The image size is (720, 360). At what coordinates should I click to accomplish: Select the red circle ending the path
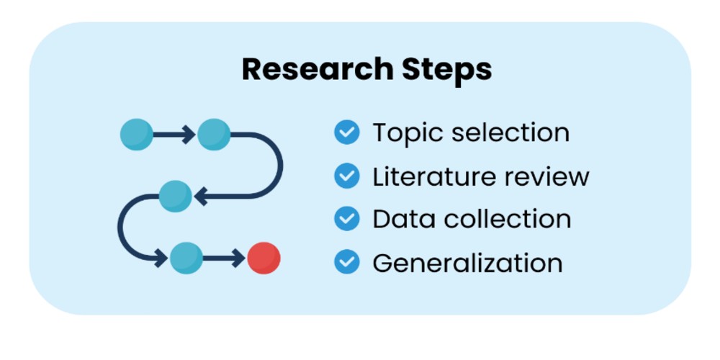[264, 258]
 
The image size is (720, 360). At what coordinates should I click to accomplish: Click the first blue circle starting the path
[136, 134]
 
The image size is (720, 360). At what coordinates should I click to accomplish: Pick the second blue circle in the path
[214, 134]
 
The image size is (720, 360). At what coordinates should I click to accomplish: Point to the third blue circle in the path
[175, 196]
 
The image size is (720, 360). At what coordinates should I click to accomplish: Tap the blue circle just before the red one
[186, 258]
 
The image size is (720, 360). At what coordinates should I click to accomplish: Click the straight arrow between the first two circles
[174, 134]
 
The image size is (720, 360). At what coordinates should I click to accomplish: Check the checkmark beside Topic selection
[347, 132]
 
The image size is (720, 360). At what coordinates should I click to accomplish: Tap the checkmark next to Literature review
[347, 176]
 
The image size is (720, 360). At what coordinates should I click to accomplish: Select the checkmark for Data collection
[347, 219]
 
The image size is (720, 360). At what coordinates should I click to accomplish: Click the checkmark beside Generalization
[347, 262]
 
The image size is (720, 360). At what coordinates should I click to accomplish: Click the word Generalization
[467, 262]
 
